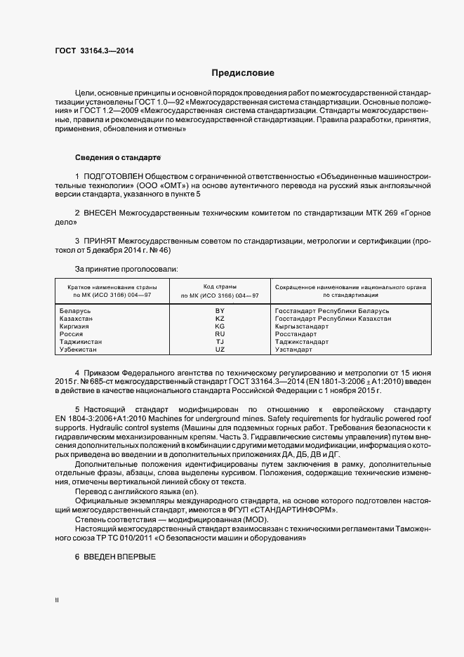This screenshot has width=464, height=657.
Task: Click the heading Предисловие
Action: tap(244, 72)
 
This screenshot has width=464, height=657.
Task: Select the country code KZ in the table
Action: tap(220, 319)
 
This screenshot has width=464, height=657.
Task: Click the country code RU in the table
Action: tap(220, 334)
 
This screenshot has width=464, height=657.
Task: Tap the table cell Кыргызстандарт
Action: tap(302, 326)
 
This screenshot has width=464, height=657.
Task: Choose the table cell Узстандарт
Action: tap(293, 350)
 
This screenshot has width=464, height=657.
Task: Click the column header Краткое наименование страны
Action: tap(112, 287)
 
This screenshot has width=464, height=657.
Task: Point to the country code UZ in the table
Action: tap(220, 350)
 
